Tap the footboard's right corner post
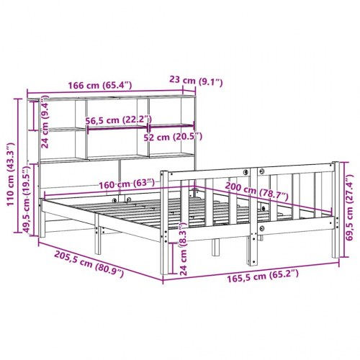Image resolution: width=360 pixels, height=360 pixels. coord(332,209)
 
